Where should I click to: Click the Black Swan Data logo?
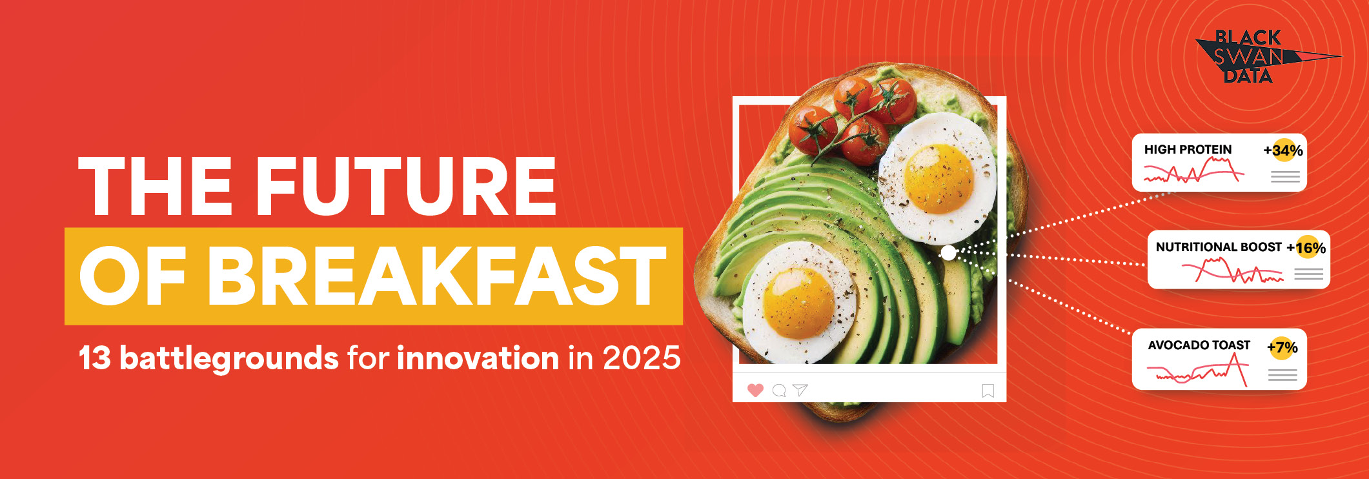[1259, 57]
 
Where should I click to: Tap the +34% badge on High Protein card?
[1283, 150]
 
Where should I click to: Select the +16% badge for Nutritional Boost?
[1306, 247]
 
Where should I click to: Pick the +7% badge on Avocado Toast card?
[1283, 347]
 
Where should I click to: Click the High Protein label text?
[1188, 150]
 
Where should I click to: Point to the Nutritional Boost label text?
[1219, 247]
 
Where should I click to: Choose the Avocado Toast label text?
[1199, 345]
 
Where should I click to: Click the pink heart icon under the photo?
[755, 390]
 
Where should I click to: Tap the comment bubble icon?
[779, 391]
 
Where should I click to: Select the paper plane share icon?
[800, 389]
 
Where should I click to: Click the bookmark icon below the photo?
[988, 391]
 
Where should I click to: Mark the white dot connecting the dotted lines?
[948, 252]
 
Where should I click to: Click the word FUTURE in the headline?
[406, 186]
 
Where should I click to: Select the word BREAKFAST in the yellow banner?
[436, 276]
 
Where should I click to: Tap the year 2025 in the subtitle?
[642, 358]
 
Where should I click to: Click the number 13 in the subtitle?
[94, 358]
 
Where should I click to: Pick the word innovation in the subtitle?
[478, 358]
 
